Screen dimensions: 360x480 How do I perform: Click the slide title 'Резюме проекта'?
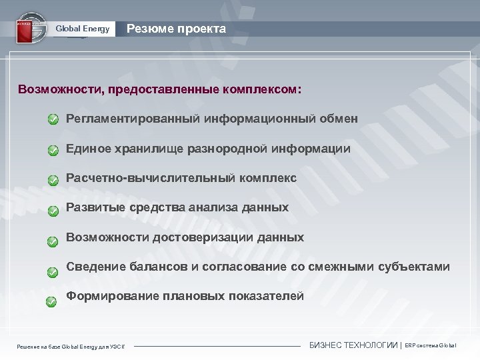(176, 29)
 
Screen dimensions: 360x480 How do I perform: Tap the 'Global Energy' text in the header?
(83, 29)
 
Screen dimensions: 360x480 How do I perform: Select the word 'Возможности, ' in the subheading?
(61, 89)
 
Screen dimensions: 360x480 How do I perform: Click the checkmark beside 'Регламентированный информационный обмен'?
(53, 119)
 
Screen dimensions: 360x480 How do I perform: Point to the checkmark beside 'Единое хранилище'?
(53, 150)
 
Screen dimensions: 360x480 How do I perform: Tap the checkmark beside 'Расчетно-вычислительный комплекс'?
(53, 180)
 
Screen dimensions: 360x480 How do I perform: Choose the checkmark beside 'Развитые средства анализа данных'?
(53, 210)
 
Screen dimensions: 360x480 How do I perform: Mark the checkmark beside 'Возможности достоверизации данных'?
(53, 240)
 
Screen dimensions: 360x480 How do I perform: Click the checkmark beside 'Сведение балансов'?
(53, 271)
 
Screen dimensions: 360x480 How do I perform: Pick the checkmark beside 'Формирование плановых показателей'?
(51, 301)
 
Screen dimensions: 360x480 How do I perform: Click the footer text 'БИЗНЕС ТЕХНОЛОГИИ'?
(353, 345)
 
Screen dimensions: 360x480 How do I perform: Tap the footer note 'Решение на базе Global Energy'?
(73, 346)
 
